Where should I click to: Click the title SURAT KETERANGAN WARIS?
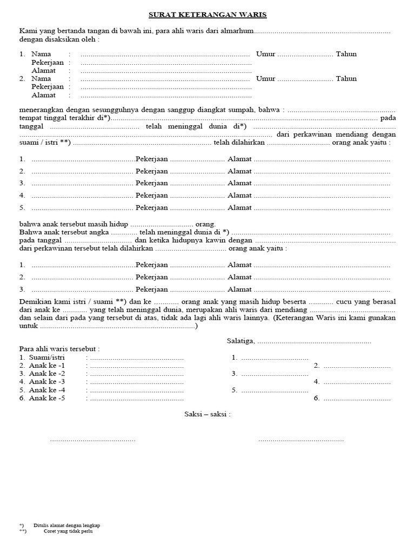pos(208,15)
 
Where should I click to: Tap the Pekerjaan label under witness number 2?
pos(48,86)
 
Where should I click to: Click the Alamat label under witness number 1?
pos(43,70)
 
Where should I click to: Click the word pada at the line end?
pos(387,118)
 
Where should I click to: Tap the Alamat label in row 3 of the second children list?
pos(239,289)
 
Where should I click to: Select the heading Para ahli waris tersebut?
pos(59,349)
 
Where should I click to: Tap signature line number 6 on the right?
pos(356,399)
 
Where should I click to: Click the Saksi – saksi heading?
pos(207,414)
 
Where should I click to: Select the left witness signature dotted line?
pos(92,440)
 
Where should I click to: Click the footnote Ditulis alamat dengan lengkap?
pos(66,525)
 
